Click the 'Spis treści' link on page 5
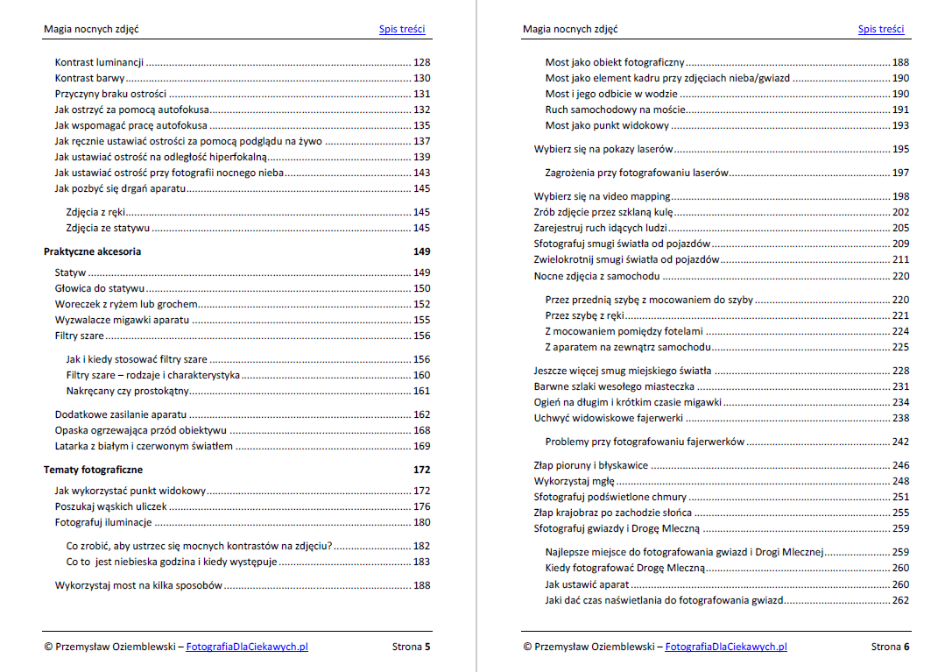402,29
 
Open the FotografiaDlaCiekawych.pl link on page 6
725,647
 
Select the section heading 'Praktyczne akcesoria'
92,251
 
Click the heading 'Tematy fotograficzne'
93,470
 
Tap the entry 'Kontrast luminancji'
99,63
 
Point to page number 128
421,63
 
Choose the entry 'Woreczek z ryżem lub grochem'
126,304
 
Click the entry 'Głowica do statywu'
100,288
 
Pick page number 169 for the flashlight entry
421,446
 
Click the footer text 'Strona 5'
411,647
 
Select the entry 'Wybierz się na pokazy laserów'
603,149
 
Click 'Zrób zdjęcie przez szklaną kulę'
603,212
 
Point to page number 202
900,212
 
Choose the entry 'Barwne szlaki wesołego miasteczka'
614,386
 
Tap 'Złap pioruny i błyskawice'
591,465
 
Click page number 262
900,600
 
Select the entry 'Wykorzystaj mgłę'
574,481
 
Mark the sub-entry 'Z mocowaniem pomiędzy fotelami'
624,331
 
